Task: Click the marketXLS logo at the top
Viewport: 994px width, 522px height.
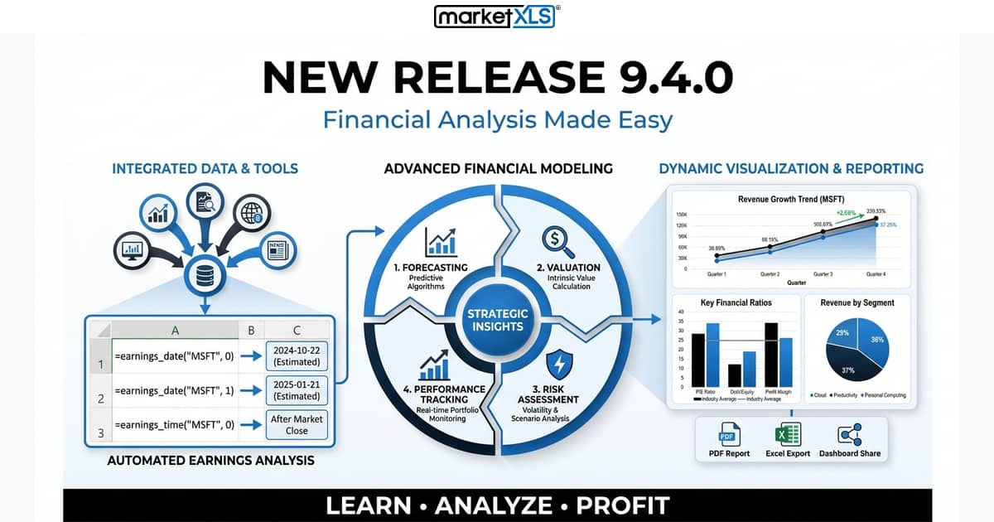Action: point(496,17)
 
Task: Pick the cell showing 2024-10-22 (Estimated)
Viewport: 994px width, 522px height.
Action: point(296,355)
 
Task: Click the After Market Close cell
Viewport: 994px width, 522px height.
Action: point(296,424)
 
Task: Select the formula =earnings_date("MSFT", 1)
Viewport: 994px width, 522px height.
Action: point(175,389)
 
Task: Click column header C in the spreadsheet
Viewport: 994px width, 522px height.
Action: point(296,330)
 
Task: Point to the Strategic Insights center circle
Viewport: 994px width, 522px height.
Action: point(496,320)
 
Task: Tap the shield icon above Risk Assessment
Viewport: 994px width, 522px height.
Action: point(559,365)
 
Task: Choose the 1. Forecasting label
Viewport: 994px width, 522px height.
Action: point(431,268)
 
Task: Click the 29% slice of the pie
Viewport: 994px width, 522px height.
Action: point(843,335)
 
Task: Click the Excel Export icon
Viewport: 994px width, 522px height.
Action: point(787,434)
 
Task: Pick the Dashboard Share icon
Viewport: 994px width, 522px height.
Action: point(849,434)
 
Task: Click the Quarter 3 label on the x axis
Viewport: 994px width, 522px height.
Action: point(823,274)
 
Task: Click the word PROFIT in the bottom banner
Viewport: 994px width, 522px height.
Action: point(622,505)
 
